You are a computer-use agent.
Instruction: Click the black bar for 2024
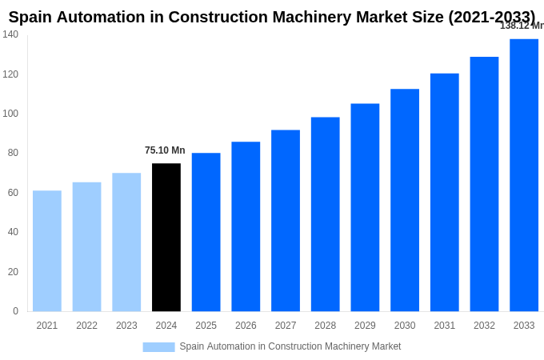pyautogui.click(x=166, y=238)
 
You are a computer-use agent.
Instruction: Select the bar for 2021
pyautogui.click(x=47, y=251)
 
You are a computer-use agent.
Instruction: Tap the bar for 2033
pyautogui.click(x=524, y=175)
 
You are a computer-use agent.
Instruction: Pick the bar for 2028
pyautogui.click(x=326, y=214)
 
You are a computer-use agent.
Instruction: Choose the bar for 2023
pyautogui.click(x=126, y=242)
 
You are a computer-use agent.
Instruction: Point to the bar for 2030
pyautogui.click(x=405, y=200)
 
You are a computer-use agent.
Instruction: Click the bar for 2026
pyautogui.click(x=246, y=226)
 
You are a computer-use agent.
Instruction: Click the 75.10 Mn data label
pyautogui.click(x=165, y=150)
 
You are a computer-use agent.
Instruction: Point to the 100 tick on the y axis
pyautogui.click(x=10, y=114)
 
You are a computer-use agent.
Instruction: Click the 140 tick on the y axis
pyautogui.click(x=10, y=34)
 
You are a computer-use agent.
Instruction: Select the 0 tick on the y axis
pyautogui.click(x=15, y=311)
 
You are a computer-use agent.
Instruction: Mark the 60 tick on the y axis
pyautogui.click(x=13, y=193)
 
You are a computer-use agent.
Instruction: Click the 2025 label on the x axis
pyautogui.click(x=206, y=326)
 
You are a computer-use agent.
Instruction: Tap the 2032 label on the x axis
pyautogui.click(x=484, y=326)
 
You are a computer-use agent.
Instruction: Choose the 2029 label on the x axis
pyautogui.click(x=365, y=326)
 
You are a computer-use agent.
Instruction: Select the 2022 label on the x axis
pyautogui.click(x=86, y=326)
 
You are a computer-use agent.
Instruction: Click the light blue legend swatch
pyautogui.click(x=158, y=347)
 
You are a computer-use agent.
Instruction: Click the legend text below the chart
pyautogui.click(x=290, y=346)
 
